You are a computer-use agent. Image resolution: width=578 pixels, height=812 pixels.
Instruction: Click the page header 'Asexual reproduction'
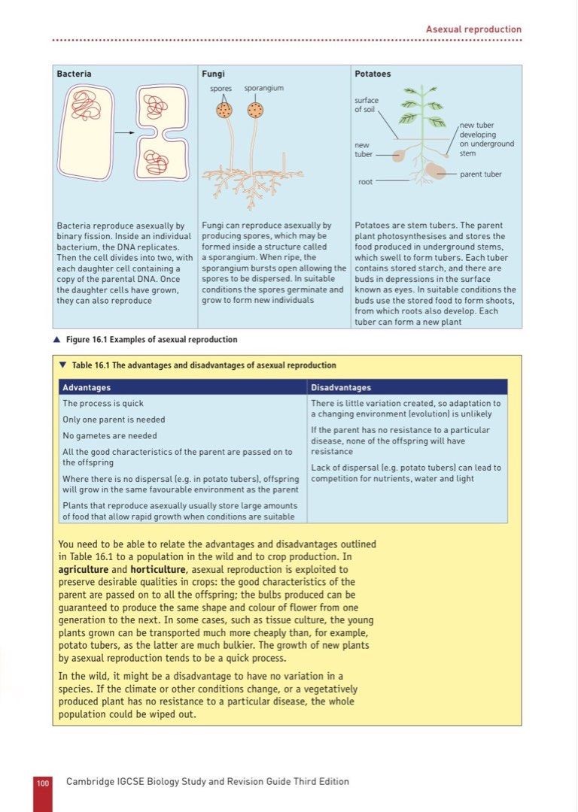[x=473, y=29]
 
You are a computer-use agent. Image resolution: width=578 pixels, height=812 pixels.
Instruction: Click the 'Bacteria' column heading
[x=74, y=74]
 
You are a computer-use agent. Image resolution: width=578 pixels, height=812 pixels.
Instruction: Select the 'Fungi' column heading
[x=213, y=74]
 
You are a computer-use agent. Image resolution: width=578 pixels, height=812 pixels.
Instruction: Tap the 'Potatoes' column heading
[x=373, y=74]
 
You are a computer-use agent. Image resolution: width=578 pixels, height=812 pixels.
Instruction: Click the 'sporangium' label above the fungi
[x=263, y=89]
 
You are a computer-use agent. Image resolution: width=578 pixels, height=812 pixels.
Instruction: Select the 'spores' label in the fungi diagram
[x=221, y=89]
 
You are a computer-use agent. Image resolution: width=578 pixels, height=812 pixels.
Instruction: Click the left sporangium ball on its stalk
[x=224, y=111]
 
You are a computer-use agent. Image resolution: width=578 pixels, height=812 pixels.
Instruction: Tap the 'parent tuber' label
[x=480, y=174]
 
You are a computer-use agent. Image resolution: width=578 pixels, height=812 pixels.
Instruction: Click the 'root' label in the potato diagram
[x=364, y=181]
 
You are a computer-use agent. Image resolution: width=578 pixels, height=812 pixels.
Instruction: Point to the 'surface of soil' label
[x=367, y=105]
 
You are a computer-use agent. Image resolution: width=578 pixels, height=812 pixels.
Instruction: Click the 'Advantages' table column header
[x=87, y=387]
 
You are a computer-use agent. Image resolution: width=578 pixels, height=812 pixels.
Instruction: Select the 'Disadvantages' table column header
[x=341, y=387]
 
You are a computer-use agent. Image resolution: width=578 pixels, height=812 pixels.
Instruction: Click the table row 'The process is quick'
[x=103, y=404]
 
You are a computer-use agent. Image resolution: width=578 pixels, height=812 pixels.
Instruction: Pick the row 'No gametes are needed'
[x=110, y=435]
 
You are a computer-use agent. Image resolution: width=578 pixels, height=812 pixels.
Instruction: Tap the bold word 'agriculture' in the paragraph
[x=83, y=569]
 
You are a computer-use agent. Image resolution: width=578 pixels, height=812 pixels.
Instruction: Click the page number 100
[x=43, y=783]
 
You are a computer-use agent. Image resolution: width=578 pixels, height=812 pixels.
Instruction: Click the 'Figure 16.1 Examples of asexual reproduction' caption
[x=151, y=340]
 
